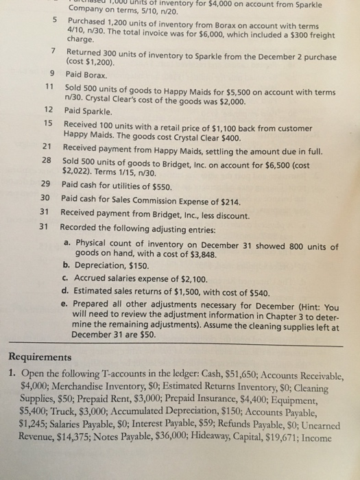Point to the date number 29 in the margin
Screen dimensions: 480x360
tap(45, 184)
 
